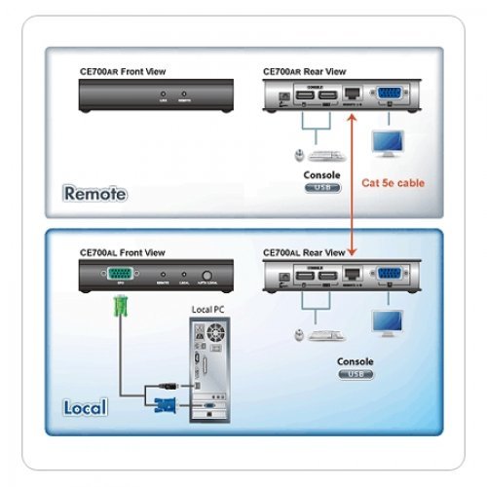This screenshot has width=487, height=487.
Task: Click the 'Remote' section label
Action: (x=95, y=193)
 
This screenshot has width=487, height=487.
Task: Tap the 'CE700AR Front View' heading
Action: (x=124, y=71)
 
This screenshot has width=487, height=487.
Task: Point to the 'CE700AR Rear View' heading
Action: (x=306, y=71)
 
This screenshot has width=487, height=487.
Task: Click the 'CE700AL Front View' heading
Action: (x=124, y=252)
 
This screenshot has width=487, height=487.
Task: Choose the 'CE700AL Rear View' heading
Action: (x=305, y=252)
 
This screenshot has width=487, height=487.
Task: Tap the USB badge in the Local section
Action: (x=355, y=373)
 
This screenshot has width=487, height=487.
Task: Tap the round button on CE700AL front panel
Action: (x=208, y=276)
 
